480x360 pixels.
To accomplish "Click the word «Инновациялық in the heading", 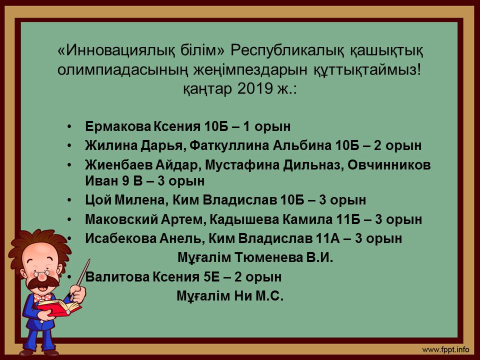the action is tap(116, 50).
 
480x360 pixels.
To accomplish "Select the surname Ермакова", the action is tap(118, 126).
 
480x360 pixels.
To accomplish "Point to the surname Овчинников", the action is tap(389, 165).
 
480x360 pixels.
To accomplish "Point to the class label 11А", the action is tap(327, 238).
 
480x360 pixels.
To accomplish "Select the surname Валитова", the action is tap(117, 277).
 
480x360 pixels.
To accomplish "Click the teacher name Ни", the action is tap(243, 296).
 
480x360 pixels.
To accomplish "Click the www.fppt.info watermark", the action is tap(445, 349).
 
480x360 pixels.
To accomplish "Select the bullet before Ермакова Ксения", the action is tap(70, 126).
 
